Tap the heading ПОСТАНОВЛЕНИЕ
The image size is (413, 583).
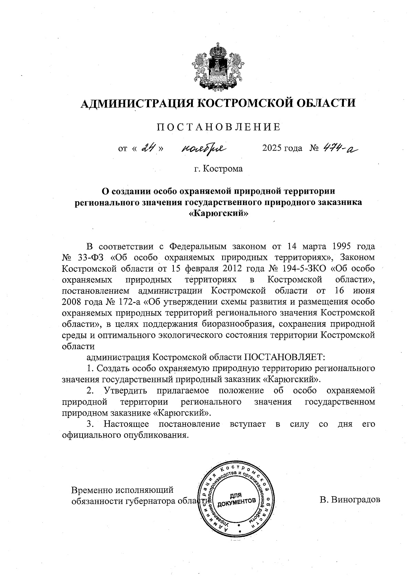click(219, 127)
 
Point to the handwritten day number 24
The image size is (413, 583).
click(149, 148)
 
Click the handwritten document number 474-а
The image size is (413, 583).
click(339, 148)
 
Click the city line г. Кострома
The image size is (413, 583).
click(218, 169)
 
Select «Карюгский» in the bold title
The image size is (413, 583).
click(219, 213)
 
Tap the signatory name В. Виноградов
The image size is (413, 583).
click(350, 500)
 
